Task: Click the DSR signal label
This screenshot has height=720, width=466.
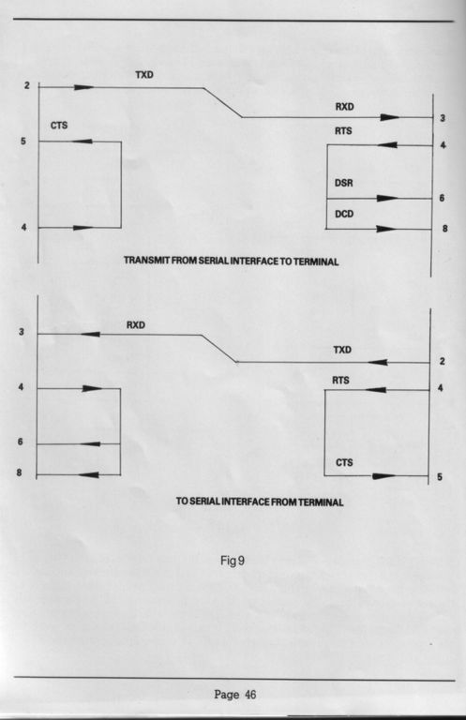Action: pos(344,183)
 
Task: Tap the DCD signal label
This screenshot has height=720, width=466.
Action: pos(344,214)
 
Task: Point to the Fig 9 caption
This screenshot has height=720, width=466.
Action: pos(233,561)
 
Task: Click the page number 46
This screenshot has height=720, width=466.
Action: pos(250,695)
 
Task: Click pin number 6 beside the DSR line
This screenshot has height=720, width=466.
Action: pos(442,198)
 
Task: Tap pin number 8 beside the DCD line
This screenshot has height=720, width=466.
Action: pos(444,228)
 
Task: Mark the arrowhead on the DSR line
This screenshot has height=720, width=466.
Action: pos(387,199)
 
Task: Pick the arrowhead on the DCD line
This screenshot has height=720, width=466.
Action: pos(386,229)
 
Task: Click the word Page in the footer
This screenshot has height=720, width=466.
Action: pos(227,695)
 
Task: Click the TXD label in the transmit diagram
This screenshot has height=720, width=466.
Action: pos(144,75)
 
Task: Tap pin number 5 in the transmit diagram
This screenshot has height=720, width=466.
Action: pos(23,142)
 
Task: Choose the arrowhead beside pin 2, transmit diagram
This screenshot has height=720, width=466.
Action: pos(83,87)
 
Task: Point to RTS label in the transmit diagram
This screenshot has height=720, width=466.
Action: pos(343,131)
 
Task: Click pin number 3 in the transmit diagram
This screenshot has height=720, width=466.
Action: pos(443,118)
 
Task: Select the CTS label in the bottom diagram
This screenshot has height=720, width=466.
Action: pos(344,462)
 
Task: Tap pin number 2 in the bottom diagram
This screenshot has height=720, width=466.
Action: pos(443,361)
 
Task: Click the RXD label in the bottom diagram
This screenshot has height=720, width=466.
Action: pos(135,325)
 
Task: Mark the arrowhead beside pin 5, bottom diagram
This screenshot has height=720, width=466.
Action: pos(383,476)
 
